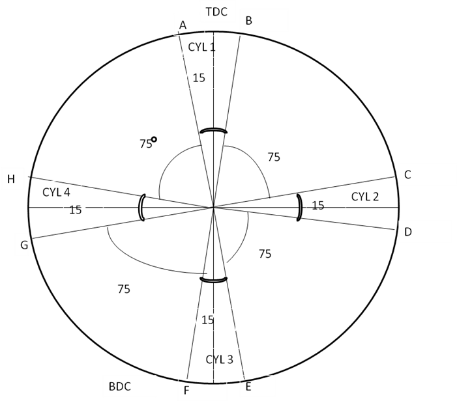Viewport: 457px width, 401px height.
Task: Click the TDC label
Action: click(216, 12)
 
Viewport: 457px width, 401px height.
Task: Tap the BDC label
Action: click(120, 387)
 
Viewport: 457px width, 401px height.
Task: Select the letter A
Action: click(183, 25)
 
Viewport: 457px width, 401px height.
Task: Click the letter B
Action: click(248, 21)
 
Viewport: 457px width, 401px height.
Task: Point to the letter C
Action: click(407, 175)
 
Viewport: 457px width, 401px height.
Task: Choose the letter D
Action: click(408, 232)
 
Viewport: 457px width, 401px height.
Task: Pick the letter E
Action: click(248, 387)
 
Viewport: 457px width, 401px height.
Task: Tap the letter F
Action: click(186, 391)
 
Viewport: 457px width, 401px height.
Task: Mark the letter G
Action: click(24, 245)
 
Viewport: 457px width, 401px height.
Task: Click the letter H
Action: click(11, 179)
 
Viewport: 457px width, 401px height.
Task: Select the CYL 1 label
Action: click(201, 47)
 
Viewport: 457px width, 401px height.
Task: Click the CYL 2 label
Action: click(365, 197)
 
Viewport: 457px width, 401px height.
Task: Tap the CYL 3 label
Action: click(220, 360)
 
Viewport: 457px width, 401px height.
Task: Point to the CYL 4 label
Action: click(56, 192)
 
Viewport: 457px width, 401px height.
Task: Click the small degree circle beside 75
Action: click(154, 139)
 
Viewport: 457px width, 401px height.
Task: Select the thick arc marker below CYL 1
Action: click(213, 130)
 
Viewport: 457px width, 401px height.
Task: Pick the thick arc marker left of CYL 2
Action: click(300, 208)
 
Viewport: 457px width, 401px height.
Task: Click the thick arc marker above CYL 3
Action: click(213, 281)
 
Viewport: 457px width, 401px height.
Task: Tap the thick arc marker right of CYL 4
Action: click(141, 208)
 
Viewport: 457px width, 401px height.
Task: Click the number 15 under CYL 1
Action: click(199, 78)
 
